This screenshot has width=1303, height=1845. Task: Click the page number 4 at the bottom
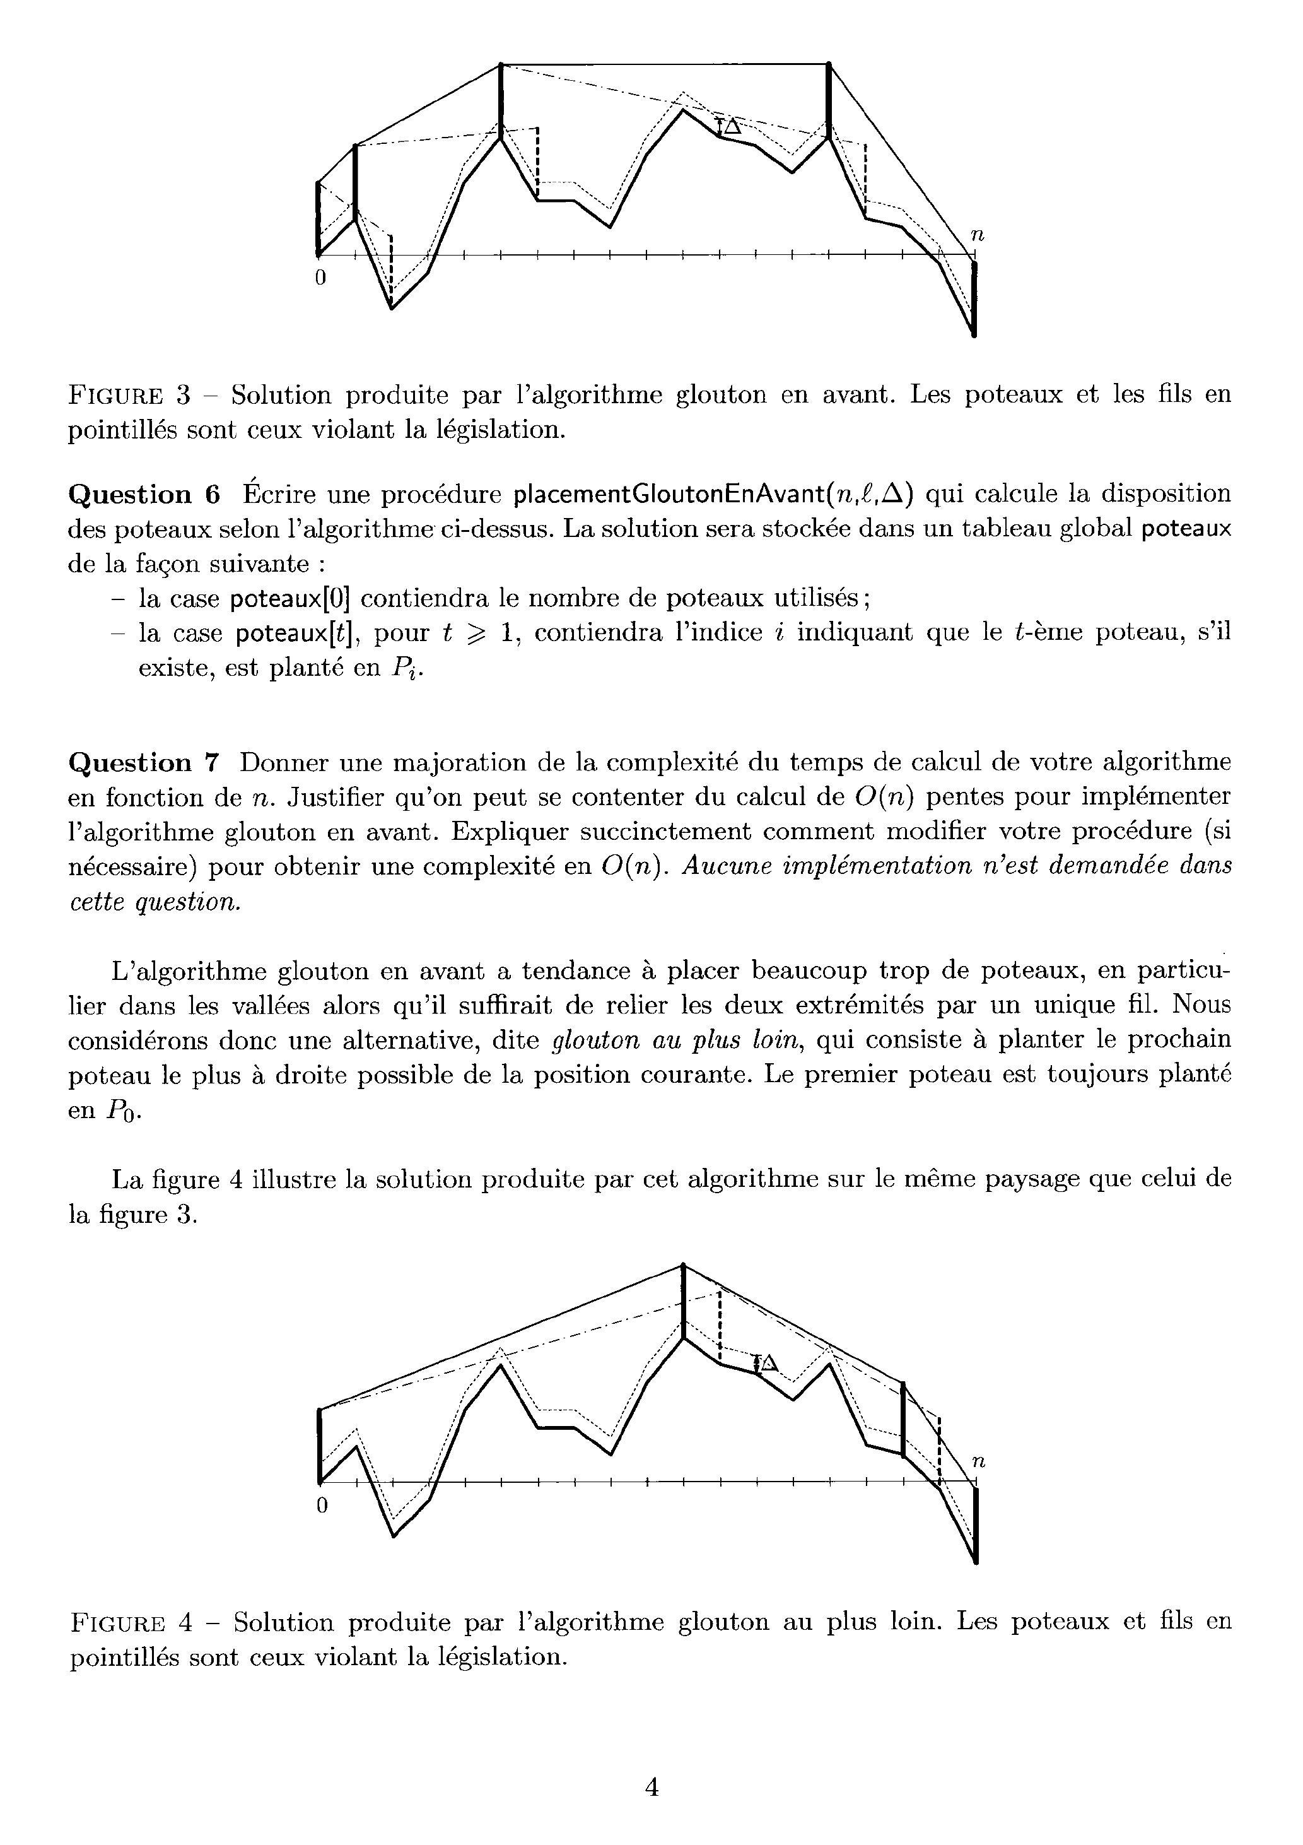[x=651, y=1786]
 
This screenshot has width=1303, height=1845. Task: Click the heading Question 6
[x=144, y=494]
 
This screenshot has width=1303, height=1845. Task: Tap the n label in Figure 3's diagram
[x=977, y=235]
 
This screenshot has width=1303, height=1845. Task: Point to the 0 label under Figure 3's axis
[x=320, y=278]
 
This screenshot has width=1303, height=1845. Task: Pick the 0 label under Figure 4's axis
[x=321, y=1506]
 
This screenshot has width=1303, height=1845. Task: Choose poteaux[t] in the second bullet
[x=295, y=634]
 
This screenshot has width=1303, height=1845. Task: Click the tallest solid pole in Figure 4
[x=683, y=1302]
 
